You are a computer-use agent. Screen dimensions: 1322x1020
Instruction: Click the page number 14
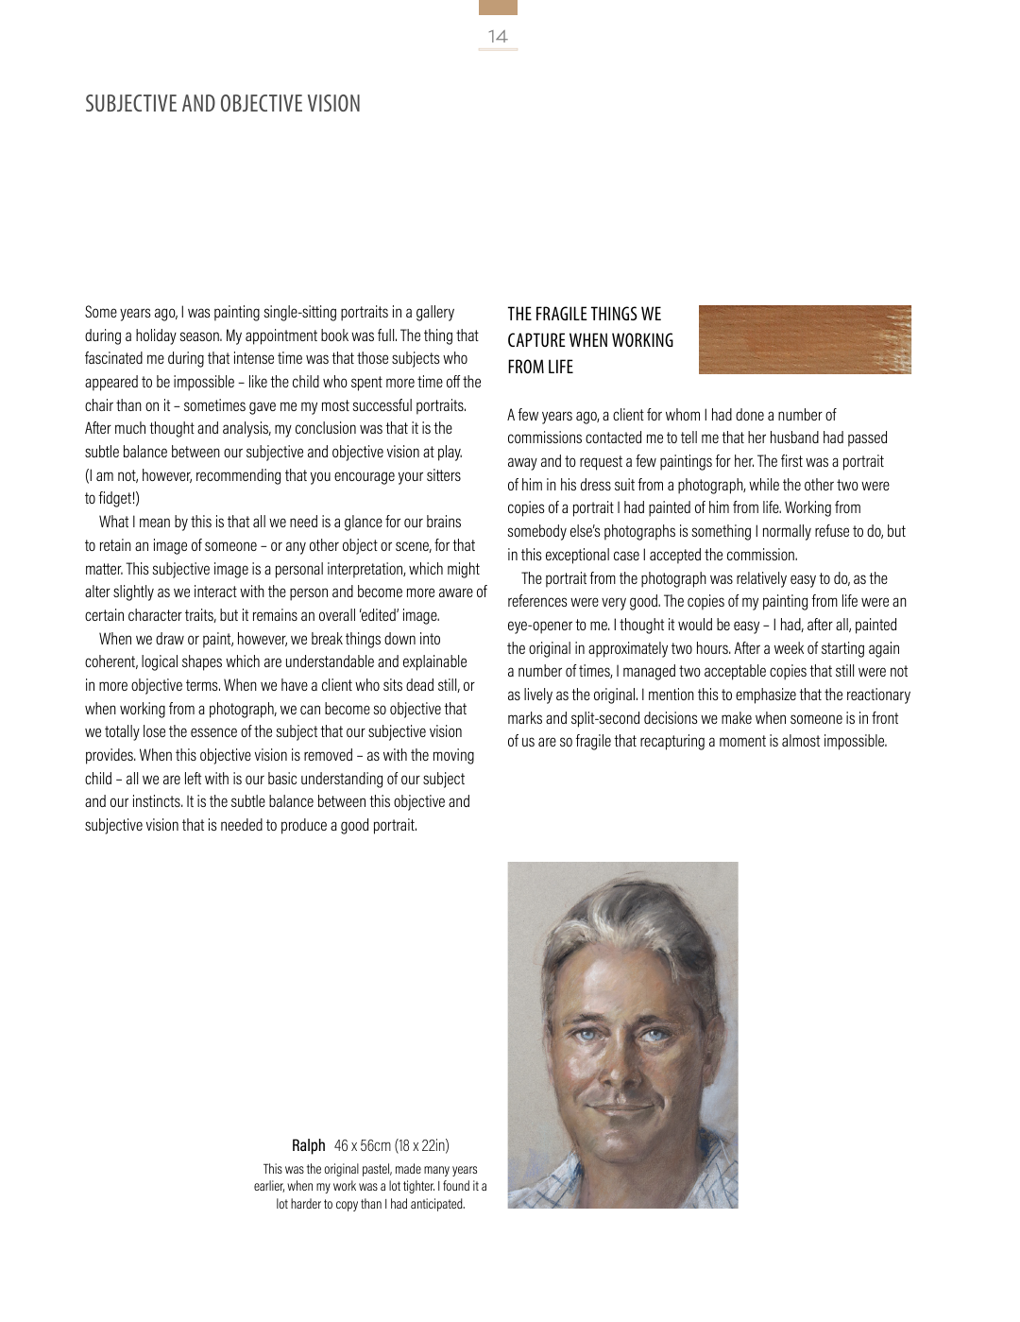(498, 37)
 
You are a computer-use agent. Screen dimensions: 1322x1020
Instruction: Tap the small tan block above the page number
(498, 8)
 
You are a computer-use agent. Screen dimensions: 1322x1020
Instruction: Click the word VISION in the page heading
(333, 104)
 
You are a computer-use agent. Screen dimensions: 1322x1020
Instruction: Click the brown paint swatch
(805, 339)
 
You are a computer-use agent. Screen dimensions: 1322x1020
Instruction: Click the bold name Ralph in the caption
(308, 1145)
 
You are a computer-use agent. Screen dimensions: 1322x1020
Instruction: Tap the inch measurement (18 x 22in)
(422, 1145)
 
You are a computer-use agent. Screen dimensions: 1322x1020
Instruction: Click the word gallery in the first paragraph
(435, 312)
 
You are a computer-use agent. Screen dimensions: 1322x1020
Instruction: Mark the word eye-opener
(540, 625)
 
